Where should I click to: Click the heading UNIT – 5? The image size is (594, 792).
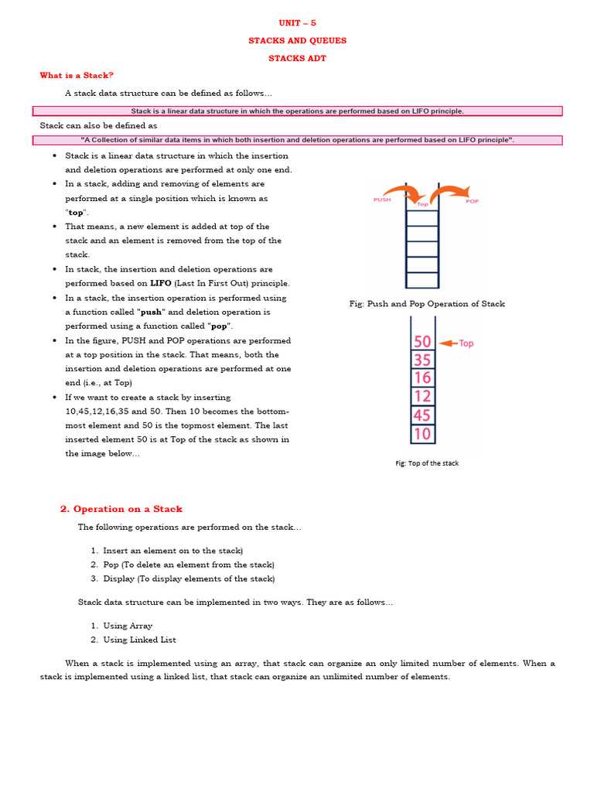point(297,22)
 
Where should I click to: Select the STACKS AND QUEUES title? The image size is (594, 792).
point(297,40)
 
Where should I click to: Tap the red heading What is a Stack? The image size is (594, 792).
point(77,75)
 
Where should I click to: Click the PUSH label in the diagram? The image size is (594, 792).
point(382,200)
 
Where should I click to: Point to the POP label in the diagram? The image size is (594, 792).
point(472,201)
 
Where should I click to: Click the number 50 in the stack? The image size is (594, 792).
point(422,342)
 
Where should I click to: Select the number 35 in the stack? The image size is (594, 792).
point(422,360)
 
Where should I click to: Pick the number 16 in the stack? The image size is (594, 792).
point(422,378)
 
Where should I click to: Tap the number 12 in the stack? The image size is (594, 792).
point(422,397)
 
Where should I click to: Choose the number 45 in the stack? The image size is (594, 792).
point(422,415)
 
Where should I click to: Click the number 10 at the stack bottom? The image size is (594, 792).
point(422,434)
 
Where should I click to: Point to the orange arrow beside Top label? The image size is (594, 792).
point(448,343)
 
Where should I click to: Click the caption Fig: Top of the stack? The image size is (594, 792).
point(427,463)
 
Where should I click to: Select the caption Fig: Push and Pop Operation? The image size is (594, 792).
point(427,304)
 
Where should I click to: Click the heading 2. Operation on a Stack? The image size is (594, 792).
point(121,509)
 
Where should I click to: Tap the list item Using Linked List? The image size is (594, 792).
point(139,640)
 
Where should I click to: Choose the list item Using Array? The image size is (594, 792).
point(128,626)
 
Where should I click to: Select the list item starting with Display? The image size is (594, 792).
point(188,579)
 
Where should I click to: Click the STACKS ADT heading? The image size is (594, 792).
point(297,58)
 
